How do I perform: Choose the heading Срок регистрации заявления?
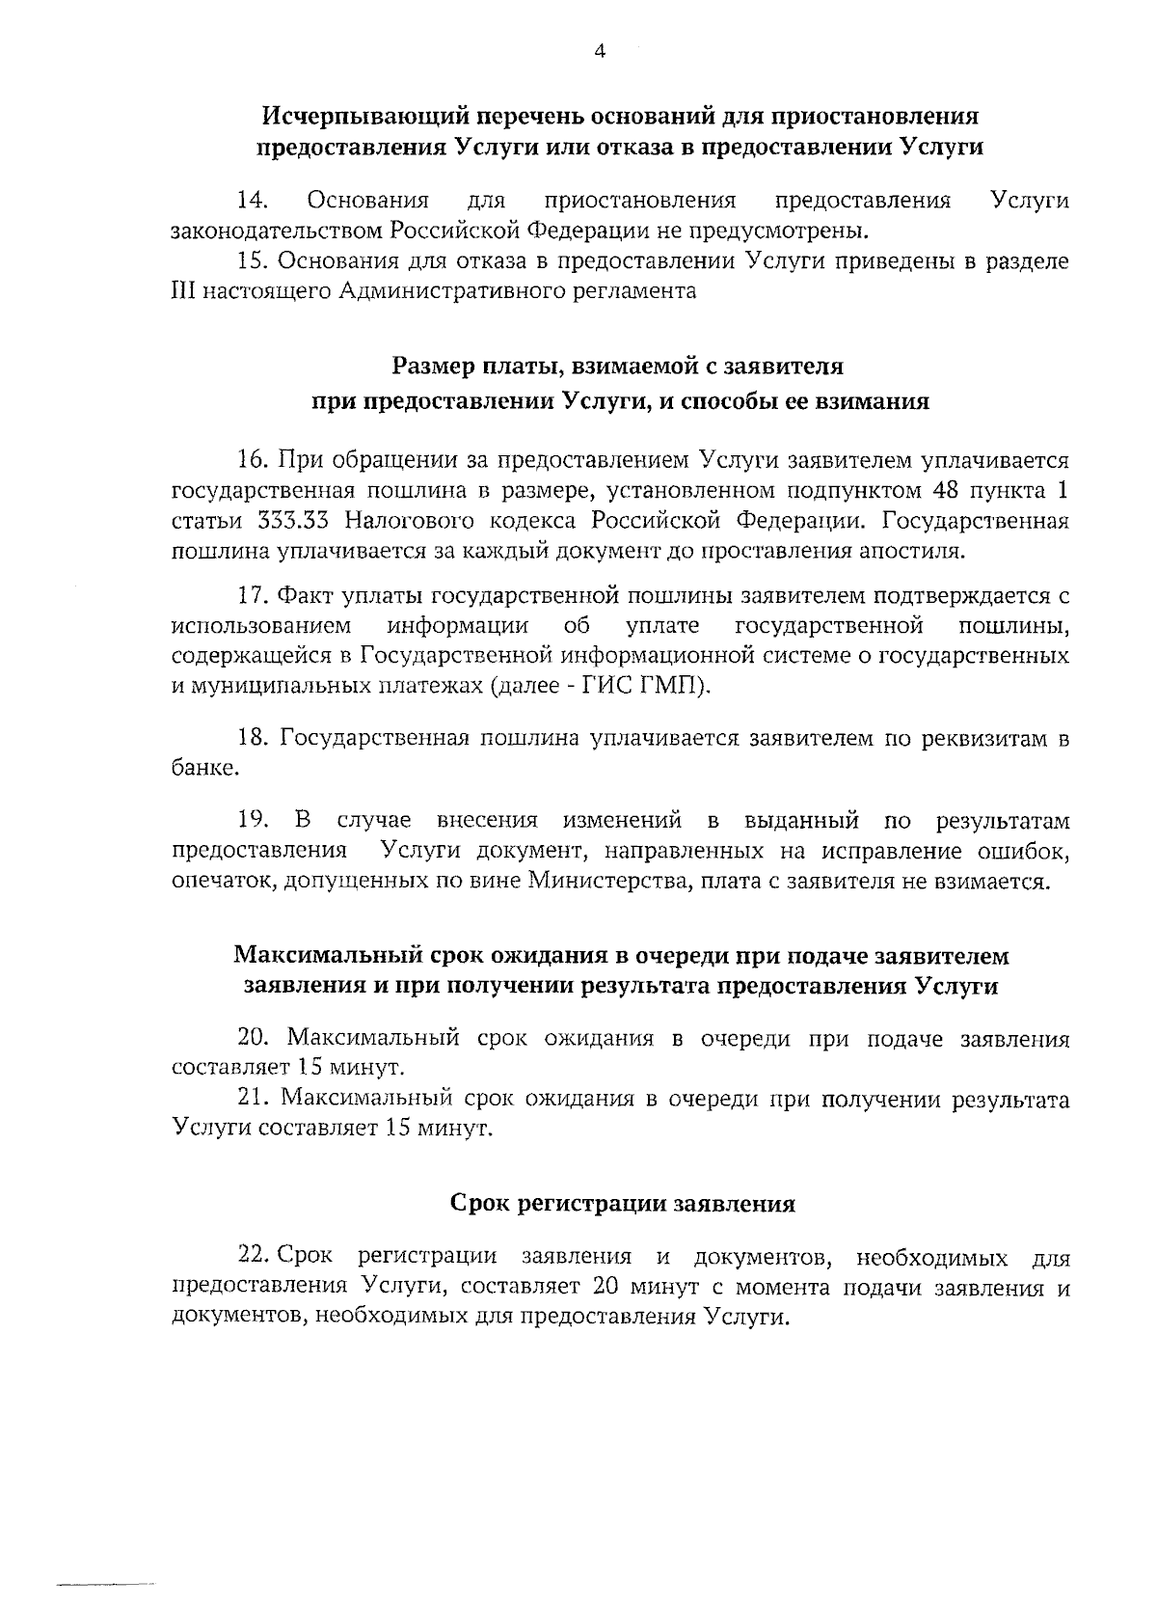tap(622, 1204)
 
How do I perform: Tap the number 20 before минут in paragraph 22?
tap(611, 1288)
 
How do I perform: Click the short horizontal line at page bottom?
tap(106, 1584)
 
